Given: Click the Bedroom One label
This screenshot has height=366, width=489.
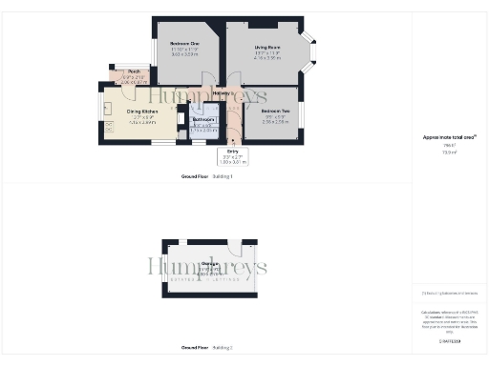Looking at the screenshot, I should (185, 45).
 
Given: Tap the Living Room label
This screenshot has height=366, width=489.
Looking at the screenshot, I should (267, 47).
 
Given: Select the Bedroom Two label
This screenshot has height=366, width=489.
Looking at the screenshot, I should (275, 112).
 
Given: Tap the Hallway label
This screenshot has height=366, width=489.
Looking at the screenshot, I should (223, 93).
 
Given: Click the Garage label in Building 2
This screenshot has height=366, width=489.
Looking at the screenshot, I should (201, 264).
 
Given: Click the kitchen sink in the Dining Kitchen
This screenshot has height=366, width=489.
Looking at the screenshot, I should (107, 107).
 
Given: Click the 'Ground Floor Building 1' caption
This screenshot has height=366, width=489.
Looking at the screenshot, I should (207, 177).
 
